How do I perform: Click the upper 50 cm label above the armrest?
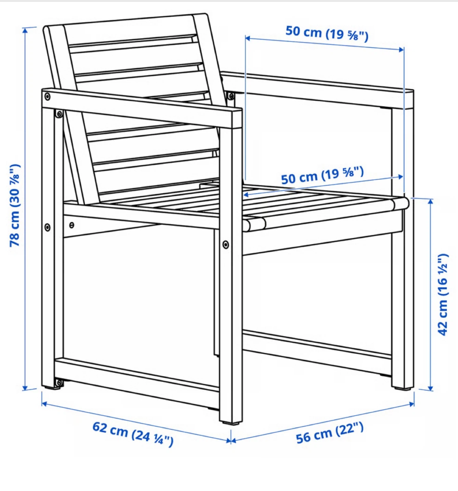pyautogui.click(x=327, y=33)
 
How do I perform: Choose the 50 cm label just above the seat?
pyautogui.click(x=323, y=175)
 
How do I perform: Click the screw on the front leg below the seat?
pyautogui.click(x=226, y=244)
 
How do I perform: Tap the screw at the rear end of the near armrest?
pyautogui.click(x=47, y=96)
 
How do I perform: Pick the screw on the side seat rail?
pyautogui.click(x=72, y=225)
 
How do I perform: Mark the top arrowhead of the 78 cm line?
pyautogui.click(x=25, y=30)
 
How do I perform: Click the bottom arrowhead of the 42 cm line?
pyautogui.click(x=430, y=388)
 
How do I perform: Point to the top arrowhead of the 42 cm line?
pyautogui.click(x=430, y=202)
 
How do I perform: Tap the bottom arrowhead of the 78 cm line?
pyautogui.click(x=25, y=387)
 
